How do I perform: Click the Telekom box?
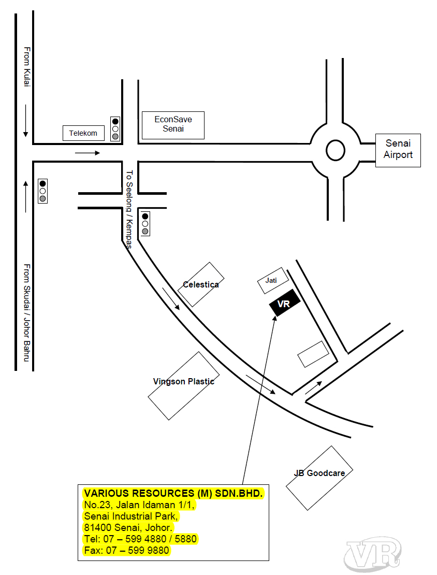pos(83,133)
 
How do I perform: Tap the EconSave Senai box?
pos(173,125)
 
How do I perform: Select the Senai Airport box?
pos(398,150)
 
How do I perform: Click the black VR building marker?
pos(285,303)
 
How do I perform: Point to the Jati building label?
pos(271,281)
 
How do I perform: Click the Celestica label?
pos(201,284)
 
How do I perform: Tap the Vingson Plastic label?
pos(184,381)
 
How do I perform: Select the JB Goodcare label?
pos(319,473)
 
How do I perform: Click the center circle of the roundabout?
pos(336,150)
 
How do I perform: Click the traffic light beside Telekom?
pos(115,128)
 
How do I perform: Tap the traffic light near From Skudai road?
pos(42,191)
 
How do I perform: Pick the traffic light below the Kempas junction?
pos(145,224)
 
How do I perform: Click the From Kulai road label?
pos(27,67)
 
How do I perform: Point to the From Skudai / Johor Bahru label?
pos(27,312)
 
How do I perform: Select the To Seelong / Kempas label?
pos(129,209)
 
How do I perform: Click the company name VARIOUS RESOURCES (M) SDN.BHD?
pos(173,493)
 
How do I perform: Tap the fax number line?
pos(126,550)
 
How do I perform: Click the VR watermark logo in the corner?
pos(373,553)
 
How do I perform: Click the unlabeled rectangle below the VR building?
pos(313,354)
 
